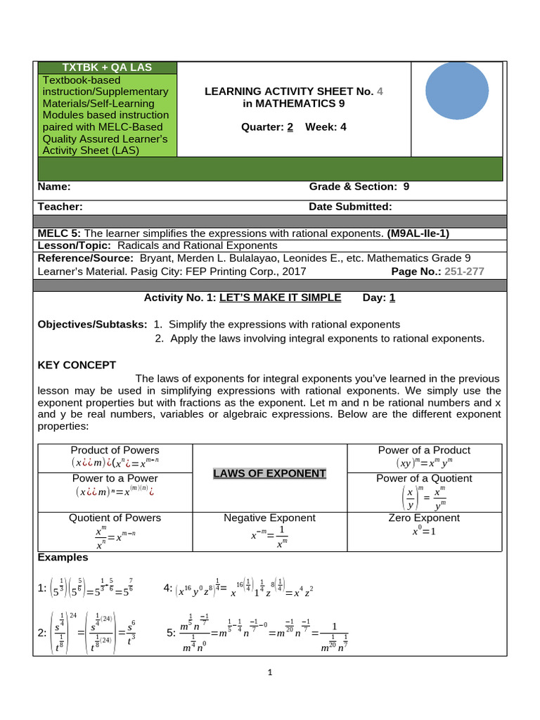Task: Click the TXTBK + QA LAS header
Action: [108, 67]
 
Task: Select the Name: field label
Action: [53, 186]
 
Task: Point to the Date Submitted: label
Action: [350, 207]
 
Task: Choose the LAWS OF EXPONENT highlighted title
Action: [269, 473]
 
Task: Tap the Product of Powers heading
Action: [115, 450]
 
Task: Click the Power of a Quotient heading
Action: [424, 478]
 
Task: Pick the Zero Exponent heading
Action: [424, 517]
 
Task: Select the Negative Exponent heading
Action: [269, 517]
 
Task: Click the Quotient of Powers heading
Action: [115, 517]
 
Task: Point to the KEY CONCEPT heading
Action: [77, 364]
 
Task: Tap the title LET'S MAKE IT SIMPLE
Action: [280, 297]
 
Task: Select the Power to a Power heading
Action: [115, 478]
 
